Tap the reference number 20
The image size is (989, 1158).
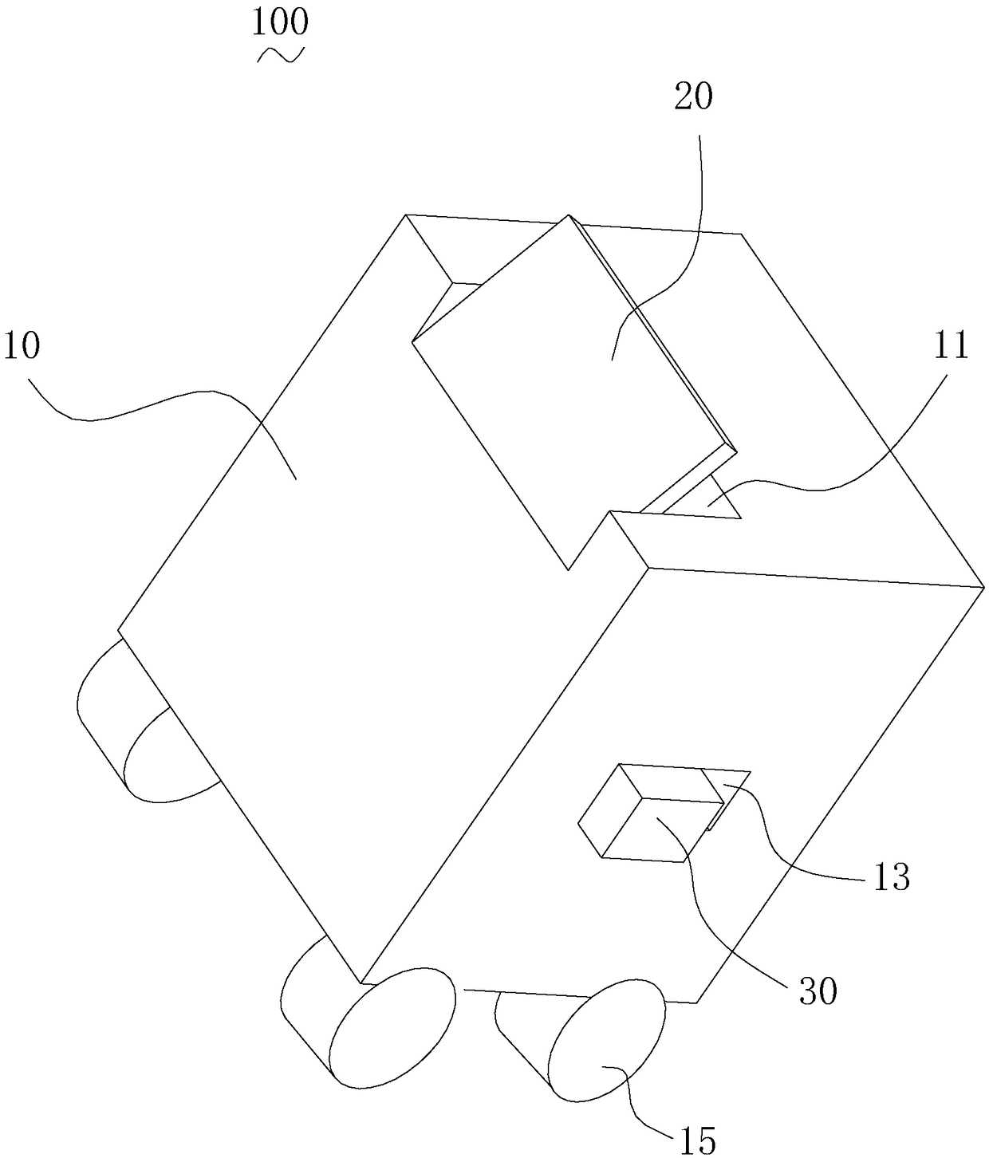point(693,96)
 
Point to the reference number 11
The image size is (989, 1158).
point(950,346)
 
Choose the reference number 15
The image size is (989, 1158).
point(697,1140)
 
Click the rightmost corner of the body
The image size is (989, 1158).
point(980,588)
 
